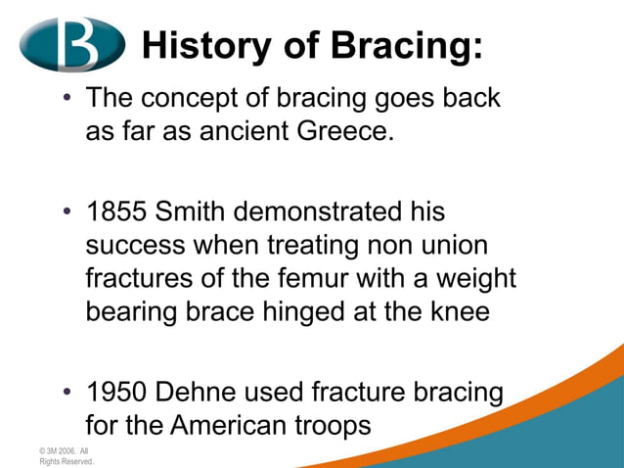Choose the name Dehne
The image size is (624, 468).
coord(197,394)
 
